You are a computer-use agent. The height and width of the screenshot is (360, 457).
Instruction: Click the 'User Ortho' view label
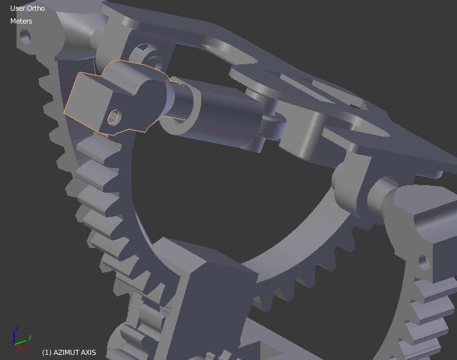[27, 8]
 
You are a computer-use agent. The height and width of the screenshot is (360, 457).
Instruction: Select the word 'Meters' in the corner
[21, 21]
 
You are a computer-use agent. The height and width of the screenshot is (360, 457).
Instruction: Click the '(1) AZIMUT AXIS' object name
[69, 352]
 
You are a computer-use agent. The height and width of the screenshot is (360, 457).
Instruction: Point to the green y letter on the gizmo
[30, 336]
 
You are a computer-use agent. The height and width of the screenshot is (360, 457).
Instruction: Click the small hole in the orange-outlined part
[114, 117]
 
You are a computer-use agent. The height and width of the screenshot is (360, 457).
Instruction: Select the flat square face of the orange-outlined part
[87, 100]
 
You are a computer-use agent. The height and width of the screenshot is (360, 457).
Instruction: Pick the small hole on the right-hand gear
[422, 260]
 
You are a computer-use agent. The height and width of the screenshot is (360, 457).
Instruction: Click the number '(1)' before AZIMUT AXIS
[46, 352]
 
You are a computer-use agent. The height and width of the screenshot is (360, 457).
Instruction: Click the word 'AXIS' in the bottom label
[88, 352]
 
